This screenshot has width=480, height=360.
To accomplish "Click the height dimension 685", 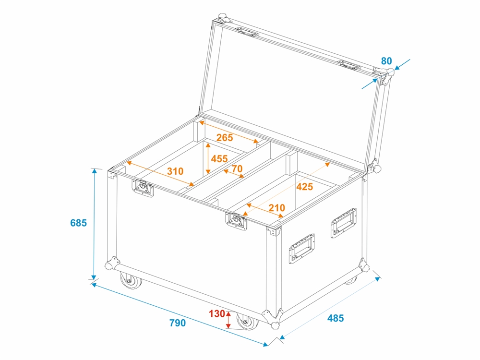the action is tap(78, 223).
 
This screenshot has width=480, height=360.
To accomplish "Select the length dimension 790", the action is tap(178, 323).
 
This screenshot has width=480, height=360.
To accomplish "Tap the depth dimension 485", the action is tap(336, 318).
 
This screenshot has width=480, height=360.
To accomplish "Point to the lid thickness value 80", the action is tap(386, 61).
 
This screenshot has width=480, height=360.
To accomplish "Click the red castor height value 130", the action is tap(217, 314).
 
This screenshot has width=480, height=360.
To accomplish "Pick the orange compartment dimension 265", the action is tap(225, 138).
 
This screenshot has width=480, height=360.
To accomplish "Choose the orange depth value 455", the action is tap(219, 158).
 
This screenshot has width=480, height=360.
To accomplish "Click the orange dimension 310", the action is tap(175, 171).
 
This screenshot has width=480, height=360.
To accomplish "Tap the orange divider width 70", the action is tap(237, 168).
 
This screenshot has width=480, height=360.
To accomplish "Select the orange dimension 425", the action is tap(305, 186).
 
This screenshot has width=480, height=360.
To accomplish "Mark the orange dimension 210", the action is tap(277, 208).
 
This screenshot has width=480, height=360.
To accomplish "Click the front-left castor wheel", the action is tap(131, 280).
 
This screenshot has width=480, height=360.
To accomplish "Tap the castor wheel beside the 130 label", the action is tap(247, 321).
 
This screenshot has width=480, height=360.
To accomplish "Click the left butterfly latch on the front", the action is tap(143, 188).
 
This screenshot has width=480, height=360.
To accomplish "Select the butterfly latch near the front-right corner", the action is tap(236, 221).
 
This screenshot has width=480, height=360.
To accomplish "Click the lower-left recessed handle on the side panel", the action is tap(301, 249).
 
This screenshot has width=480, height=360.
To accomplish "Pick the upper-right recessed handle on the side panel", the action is tap(343, 223).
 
